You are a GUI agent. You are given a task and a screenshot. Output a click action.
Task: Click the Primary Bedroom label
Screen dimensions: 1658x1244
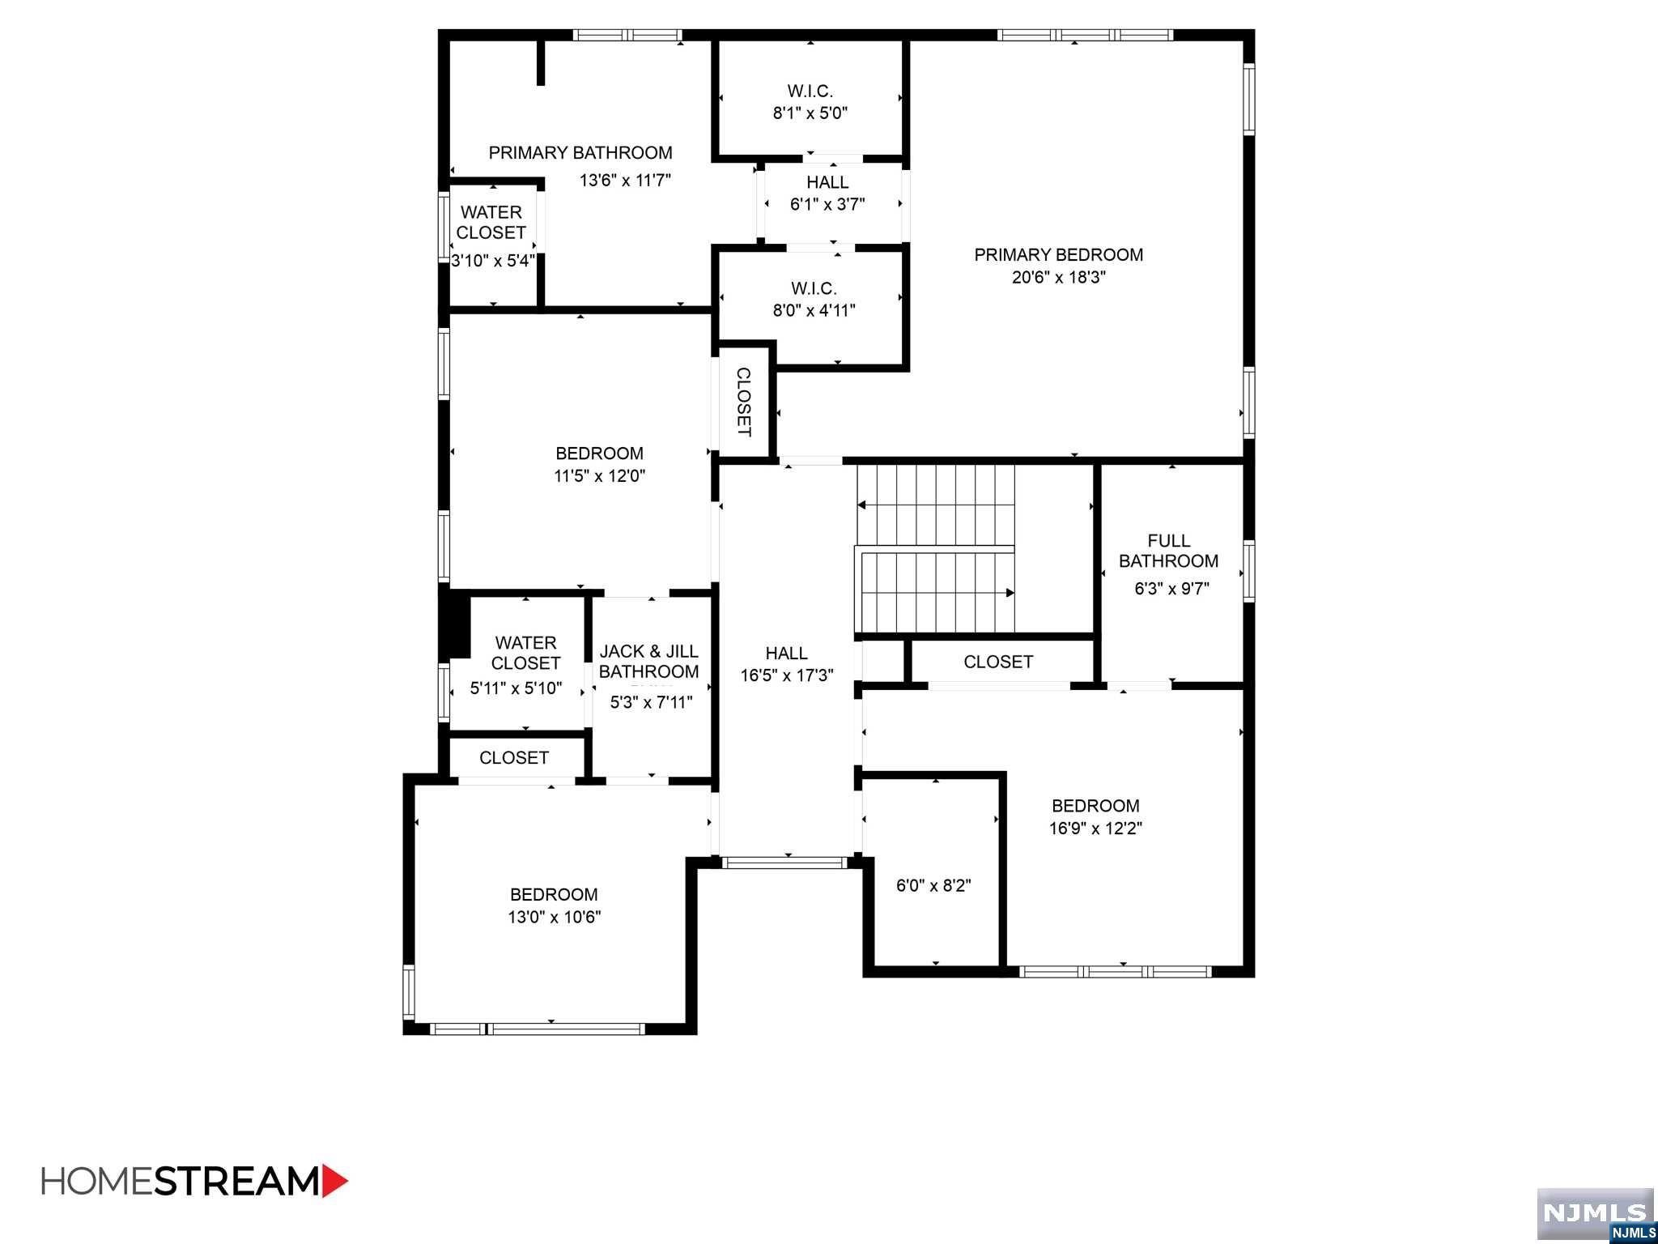point(1058,255)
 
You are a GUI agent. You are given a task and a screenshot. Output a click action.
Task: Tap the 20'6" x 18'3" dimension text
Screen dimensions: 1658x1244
point(1058,278)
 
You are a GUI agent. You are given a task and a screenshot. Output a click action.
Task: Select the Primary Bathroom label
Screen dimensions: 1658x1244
point(580,153)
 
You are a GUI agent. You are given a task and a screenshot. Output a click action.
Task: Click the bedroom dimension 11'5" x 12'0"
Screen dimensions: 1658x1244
point(599,476)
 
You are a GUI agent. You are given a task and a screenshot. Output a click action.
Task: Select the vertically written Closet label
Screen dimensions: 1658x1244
point(743,402)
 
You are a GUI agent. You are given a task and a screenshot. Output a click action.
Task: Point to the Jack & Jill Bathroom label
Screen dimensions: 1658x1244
point(648,662)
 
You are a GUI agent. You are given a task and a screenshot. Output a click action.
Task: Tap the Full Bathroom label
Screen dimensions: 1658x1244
point(1168,551)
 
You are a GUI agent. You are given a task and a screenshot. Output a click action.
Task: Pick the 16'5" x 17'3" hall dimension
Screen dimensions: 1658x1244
point(786,675)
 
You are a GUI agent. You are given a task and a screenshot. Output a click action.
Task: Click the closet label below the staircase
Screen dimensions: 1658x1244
point(998,662)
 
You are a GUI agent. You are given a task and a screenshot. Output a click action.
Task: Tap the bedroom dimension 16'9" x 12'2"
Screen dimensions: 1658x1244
point(1095,829)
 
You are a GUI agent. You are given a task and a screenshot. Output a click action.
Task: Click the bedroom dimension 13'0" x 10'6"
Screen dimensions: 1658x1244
point(554,918)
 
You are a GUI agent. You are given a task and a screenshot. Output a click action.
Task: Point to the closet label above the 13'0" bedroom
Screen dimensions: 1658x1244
point(514,758)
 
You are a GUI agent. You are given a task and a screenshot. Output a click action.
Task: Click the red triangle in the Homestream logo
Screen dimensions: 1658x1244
point(334,1181)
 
